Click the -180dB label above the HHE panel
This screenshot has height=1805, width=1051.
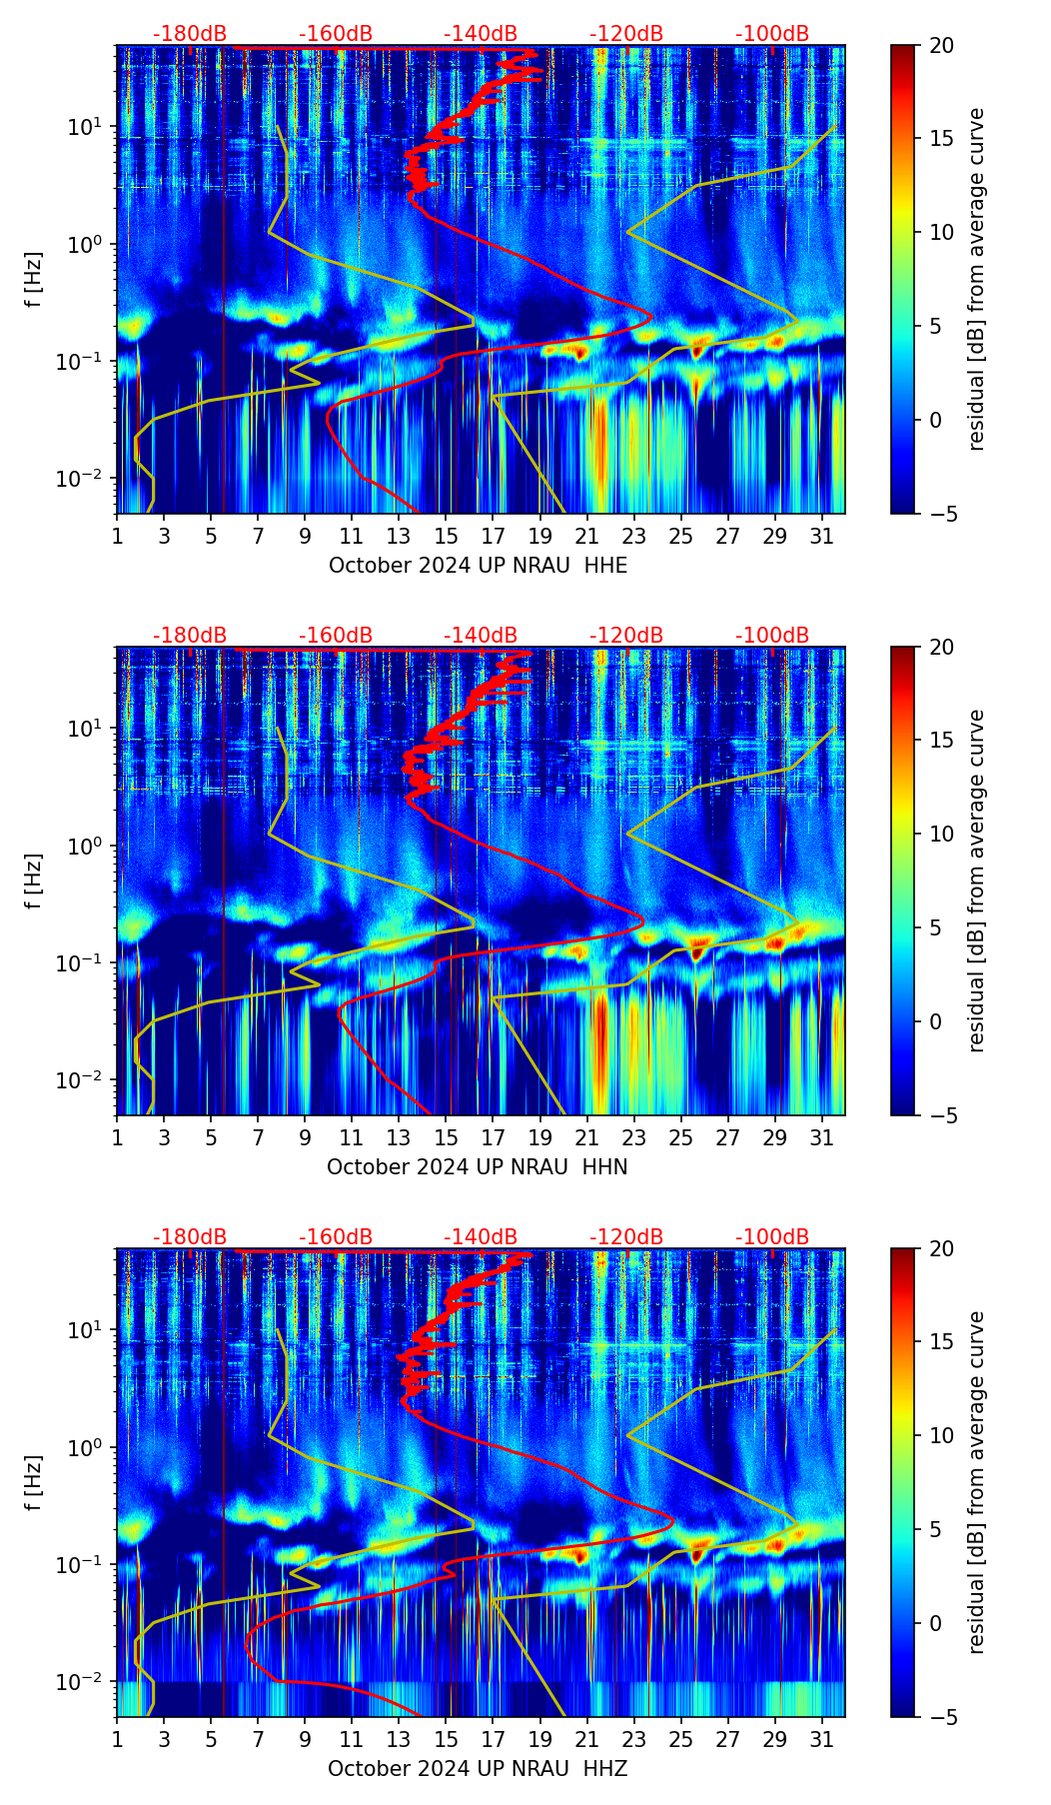click(190, 34)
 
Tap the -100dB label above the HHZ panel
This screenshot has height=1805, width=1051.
click(772, 1237)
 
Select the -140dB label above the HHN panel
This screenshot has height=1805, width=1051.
click(481, 636)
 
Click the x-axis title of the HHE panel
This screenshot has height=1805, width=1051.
click(478, 566)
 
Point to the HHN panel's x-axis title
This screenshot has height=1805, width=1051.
click(477, 1167)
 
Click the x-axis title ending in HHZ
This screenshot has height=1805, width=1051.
click(478, 1769)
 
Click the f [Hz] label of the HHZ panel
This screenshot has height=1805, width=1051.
click(34, 1482)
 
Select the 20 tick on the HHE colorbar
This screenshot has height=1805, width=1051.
click(941, 46)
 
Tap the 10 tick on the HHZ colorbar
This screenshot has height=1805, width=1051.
click(941, 1435)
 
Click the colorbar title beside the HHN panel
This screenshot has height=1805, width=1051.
click(976, 881)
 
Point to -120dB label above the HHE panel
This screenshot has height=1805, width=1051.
click(626, 34)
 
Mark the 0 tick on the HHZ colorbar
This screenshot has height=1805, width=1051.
click(936, 1623)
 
